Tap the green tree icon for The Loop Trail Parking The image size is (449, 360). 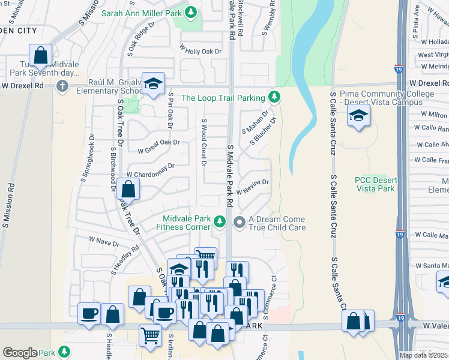[x=274, y=97]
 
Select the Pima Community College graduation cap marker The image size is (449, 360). [x=358, y=116]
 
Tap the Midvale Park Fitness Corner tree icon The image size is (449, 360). [x=220, y=222]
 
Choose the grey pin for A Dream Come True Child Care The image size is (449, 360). [x=240, y=223]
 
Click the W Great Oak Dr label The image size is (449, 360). [x=158, y=146]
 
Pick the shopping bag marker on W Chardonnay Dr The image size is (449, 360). [x=128, y=190]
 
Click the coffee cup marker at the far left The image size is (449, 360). [x=89, y=313]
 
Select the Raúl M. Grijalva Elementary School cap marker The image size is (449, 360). [x=154, y=85]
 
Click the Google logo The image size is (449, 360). [x=20, y=352]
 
